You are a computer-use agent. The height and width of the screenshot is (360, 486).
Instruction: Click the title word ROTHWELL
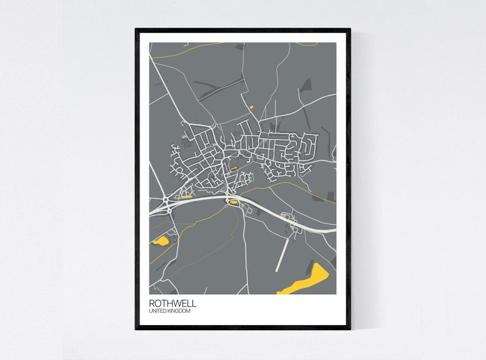pos(173,303)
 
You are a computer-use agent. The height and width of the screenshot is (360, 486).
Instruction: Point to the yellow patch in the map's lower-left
pos(161,241)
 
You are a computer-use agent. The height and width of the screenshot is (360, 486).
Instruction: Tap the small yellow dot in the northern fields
pos(251,108)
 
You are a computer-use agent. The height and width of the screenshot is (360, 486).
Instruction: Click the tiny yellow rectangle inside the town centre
pos(233,168)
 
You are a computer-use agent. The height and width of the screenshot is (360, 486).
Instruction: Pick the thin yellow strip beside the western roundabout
pos(185,197)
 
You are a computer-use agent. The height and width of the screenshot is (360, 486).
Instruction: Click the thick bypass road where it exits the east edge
pos(331,231)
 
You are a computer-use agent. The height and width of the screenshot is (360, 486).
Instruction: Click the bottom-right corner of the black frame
pos(350,328)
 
